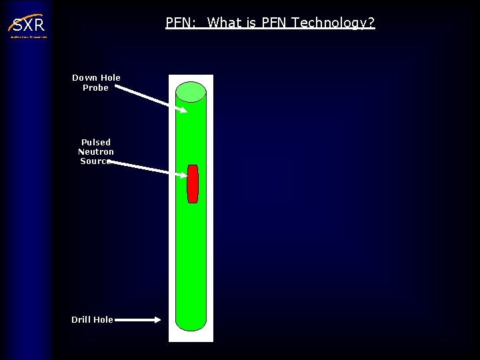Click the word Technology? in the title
pos(333,23)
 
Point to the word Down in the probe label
pos(85,78)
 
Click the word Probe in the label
pos(95,88)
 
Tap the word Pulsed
pos(96,142)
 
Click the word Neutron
pos(96,151)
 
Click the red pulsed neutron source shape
pos(193,183)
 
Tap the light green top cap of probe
pos(191,91)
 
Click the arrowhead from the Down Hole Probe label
pos(183,110)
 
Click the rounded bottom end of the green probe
pos(191,323)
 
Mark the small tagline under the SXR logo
pos(28,37)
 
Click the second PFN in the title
pos(273,23)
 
